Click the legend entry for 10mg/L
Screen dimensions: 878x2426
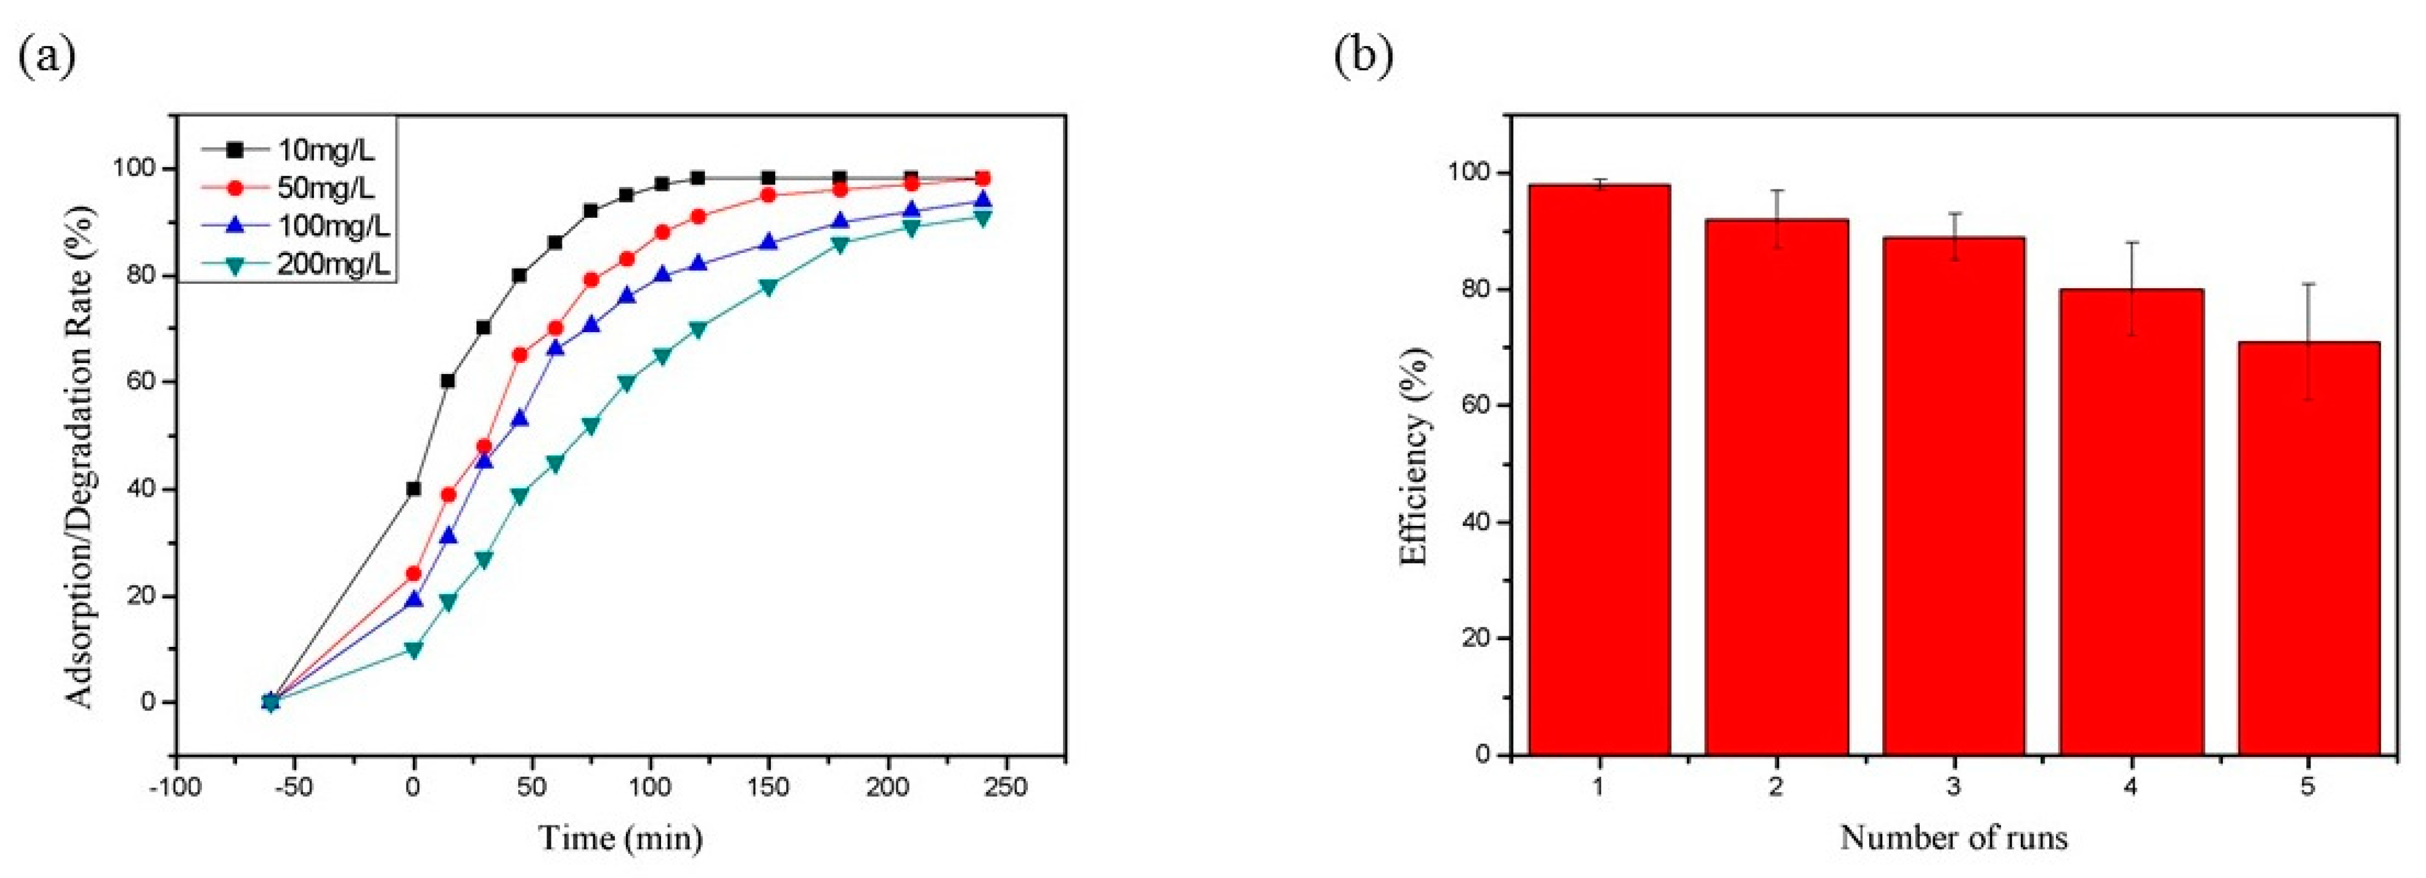point(292,149)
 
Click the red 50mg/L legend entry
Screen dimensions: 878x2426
point(292,188)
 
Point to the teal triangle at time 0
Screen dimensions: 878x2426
point(412,650)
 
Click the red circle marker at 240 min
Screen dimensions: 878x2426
point(982,178)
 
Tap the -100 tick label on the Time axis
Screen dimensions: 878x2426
point(175,788)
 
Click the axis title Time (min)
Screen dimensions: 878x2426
point(620,837)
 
